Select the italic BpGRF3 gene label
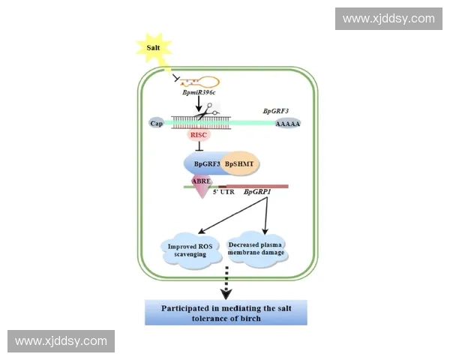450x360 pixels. point(275,111)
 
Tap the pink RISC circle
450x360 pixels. point(199,135)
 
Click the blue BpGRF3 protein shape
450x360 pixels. point(204,163)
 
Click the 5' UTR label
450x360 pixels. point(223,192)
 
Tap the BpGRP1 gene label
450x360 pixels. point(257,192)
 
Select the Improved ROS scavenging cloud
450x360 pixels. point(191,250)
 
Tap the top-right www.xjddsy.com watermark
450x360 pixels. point(388,18)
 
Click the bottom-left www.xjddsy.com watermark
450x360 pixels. point(61,341)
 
